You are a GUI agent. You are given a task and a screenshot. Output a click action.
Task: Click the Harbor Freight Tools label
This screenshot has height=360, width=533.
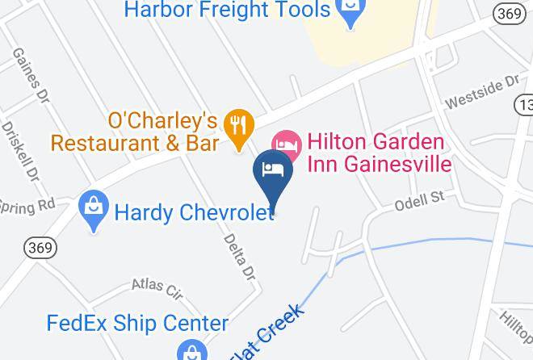pyautogui.click(x=227, y=10)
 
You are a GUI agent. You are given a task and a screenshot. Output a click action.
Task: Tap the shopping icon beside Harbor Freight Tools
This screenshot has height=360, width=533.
pyautogui.click(x=350, y=15)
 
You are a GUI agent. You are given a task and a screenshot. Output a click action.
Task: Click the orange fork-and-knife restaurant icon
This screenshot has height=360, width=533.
pyautogui.click(x=239, y=127)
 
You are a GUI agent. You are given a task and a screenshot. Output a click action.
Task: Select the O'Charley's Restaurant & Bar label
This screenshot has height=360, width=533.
pyautogui.click(x=136, y=132)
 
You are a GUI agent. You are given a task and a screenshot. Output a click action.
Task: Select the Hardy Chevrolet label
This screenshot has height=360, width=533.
pyautogui.click(x=195, y=213)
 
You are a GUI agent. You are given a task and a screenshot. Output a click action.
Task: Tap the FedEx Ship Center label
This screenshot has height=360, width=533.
pyautogui.click(x=137, y=324)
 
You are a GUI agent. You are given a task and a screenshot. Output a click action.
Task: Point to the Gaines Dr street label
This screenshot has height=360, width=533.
pyautogui.click(x=29, y=73)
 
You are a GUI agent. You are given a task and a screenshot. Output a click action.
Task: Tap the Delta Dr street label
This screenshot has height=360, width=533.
pyautogui.click(x=239, y=257)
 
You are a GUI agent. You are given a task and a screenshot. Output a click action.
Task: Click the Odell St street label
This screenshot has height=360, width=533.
pyautogui.click(x=421, y=199)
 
